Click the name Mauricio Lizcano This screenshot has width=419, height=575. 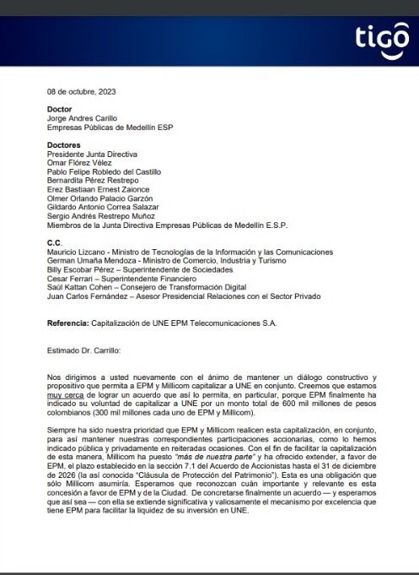(77, 252)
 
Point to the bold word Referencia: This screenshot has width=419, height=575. (70, 323)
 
